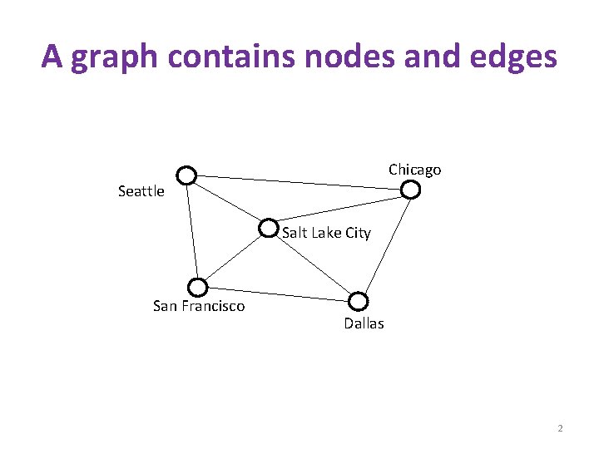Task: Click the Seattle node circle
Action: point(186,175)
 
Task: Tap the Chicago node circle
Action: point(411,190)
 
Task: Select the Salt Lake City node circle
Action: point(269,227)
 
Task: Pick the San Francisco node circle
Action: point(197,288)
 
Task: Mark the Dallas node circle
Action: point(358,301)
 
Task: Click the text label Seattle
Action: point(141,191)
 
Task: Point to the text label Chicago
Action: point(414,170)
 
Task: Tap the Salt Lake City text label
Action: point(326,233)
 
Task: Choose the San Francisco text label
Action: point(199,306)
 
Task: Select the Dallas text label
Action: point(364,323)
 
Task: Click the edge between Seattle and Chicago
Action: point(299,182)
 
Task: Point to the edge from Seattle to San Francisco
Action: point(192,232)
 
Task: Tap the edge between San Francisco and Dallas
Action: point(277,294)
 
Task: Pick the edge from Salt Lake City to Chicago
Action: point(339,209)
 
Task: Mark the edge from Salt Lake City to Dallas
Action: point(313,264)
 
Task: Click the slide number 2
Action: point(560,428)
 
